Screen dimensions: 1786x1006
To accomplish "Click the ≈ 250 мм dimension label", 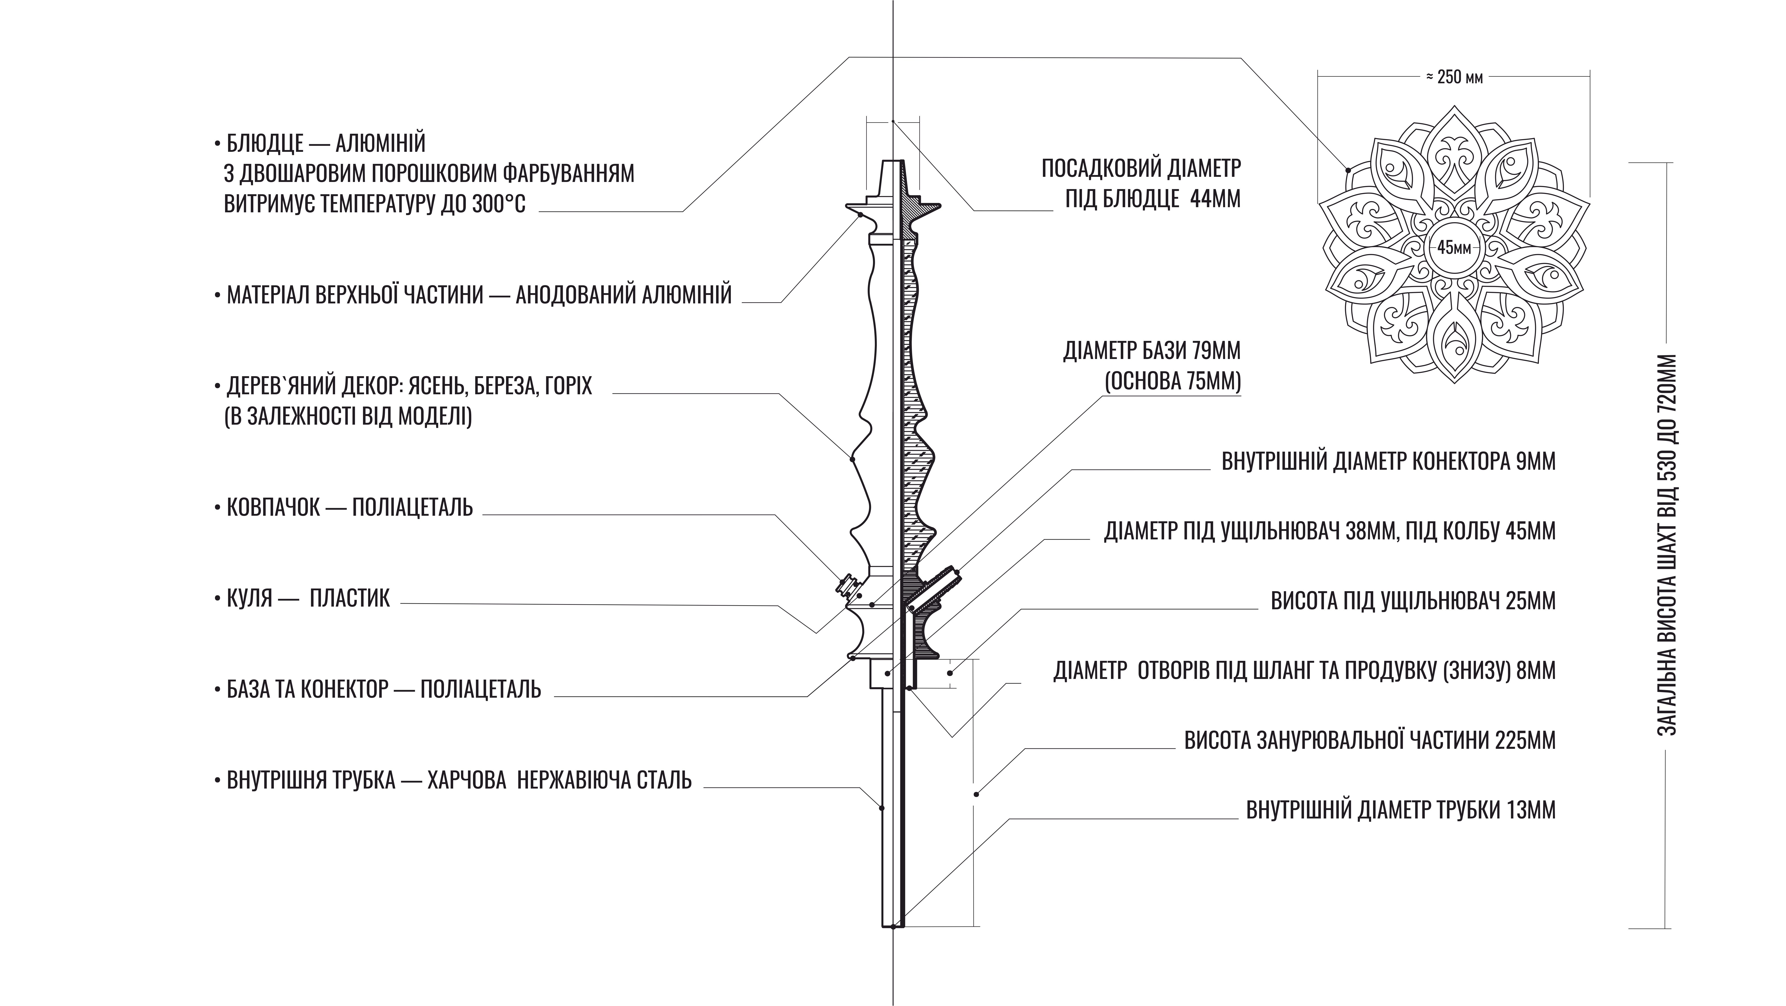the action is pos(1454,77).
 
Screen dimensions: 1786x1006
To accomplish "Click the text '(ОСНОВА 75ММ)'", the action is pos(1172,382).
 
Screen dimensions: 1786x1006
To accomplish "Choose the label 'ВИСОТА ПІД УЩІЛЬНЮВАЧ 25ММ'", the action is pos(1413,600).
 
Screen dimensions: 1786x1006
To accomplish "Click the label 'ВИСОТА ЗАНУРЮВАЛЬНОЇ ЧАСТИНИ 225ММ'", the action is pos(1370,741).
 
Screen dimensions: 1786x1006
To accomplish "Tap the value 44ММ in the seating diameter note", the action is pos(1215,199).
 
